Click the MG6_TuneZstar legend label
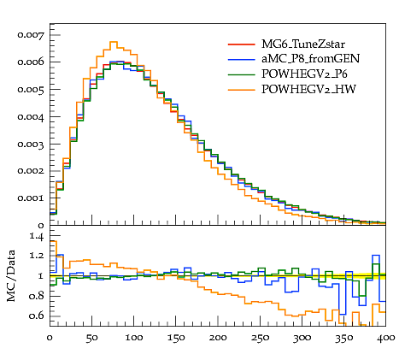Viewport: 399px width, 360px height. coord(303,44)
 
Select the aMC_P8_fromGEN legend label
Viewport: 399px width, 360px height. coord(310,59)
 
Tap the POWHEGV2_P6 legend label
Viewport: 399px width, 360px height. coord(304,74)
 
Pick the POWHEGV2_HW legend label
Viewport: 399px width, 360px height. coord(308,89)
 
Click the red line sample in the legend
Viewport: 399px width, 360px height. coord(241,44)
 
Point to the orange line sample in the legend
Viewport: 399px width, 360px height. coord(241,90)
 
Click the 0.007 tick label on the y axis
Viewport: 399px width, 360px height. coord(31,35)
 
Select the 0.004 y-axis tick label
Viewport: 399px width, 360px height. coord(31,117)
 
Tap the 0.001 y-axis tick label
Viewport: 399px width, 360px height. coord(31,198)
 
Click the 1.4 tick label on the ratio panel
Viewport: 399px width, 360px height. coord(37,236)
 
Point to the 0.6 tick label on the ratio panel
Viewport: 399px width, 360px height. coord(37,316)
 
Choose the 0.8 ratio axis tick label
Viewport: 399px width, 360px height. coord(37,296)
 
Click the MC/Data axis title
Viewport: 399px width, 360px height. coord(11,275)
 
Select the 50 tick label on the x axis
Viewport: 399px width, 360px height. coord(91,338)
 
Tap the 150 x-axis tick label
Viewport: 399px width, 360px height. coord(176,338)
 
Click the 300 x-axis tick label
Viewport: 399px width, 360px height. coord(302,338)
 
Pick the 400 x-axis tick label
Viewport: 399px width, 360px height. coord(385,338)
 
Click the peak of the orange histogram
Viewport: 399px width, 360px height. coord(114,42)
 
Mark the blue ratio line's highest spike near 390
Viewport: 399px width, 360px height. coord(376,256)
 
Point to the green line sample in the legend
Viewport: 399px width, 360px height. coord(241,74)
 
